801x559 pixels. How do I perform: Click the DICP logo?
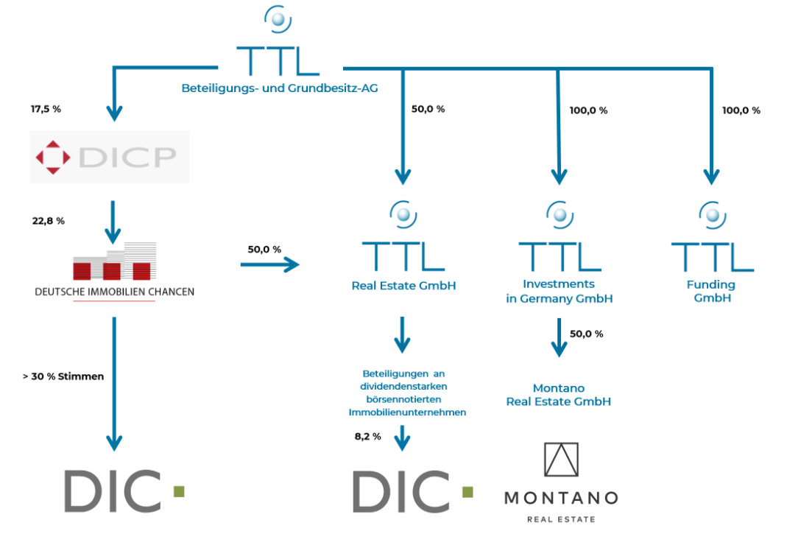tap(109, 156)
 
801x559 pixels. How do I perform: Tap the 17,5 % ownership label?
tap(46, 109)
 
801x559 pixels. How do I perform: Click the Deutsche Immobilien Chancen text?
tap(115, 292)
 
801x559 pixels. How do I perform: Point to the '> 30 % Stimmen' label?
tap(63, 376)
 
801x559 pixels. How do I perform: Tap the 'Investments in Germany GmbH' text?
tap(560, 292)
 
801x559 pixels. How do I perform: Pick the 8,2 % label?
tap(368, 437)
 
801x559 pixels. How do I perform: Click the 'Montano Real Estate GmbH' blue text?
tap(559, 395)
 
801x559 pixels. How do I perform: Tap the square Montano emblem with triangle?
tap(561, 460)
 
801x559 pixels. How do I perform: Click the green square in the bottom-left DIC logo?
tap(179, 491)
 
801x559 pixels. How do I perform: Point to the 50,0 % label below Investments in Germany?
tap(587, 334)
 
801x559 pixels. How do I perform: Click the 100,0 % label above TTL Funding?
tap(741, 110)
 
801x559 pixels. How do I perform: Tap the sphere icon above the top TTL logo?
tap(278, 19)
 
